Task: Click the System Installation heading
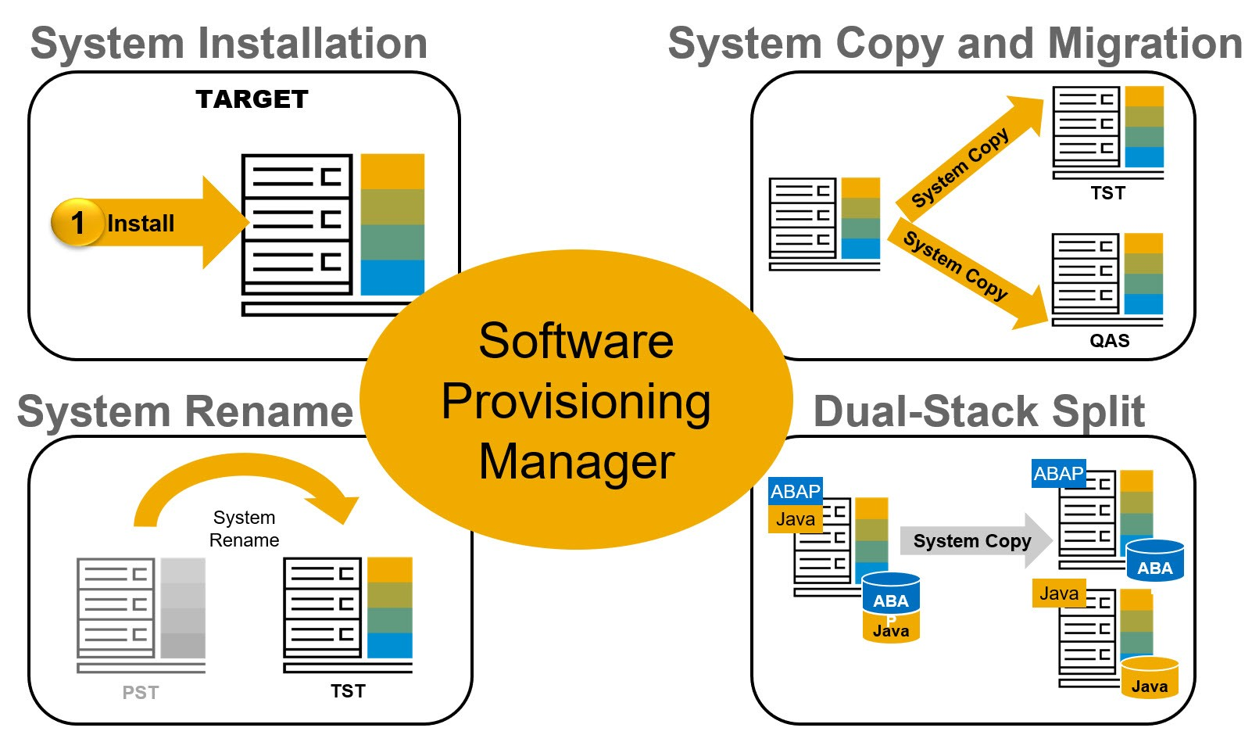pos(228,44)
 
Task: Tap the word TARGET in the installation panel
pos(252,99)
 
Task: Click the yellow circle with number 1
pos(77,223)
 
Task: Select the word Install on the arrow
pos(141,224)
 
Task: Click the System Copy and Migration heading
pos(954,44)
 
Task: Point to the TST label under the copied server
pos(1107,193)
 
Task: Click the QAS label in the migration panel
pos(1109,341)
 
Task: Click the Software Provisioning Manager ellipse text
pos(576,400)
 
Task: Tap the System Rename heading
pos(185,411)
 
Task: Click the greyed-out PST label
pos(141,693)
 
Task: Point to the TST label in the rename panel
pos(348,691)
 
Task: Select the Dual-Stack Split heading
pos(978,411)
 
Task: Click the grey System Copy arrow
pos(973,541)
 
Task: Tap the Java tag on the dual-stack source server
pos(795,519)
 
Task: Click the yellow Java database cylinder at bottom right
pos(1149,678)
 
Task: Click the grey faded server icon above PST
pos(141,610)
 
